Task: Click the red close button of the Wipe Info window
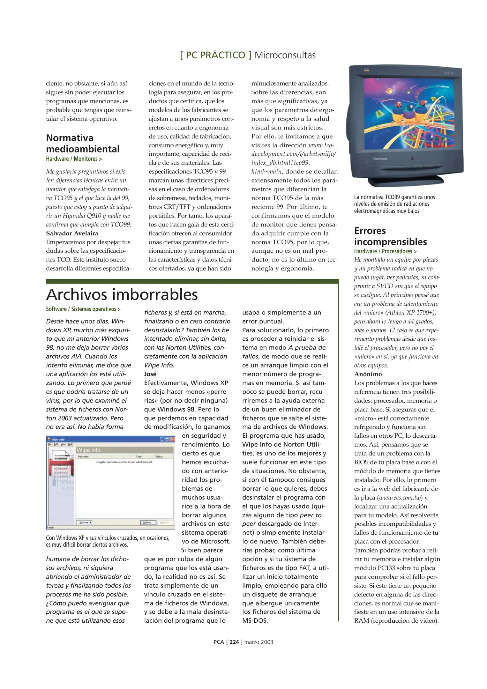[172, 439]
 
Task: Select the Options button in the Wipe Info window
[148, 522]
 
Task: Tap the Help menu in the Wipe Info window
[70, 444]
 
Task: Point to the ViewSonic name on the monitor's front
[380, 159]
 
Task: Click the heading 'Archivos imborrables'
[122, 294]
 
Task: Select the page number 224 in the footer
[234, 642]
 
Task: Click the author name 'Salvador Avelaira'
[72, 233]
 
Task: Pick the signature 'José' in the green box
[150, 374]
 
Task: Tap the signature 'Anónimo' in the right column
[368, 374]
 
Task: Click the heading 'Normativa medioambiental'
[83, 143]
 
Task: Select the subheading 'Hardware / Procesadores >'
[385, 251]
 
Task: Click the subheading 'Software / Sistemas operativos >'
[83, 309]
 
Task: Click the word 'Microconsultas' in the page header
[285, 55]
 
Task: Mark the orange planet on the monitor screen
[389, 91]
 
